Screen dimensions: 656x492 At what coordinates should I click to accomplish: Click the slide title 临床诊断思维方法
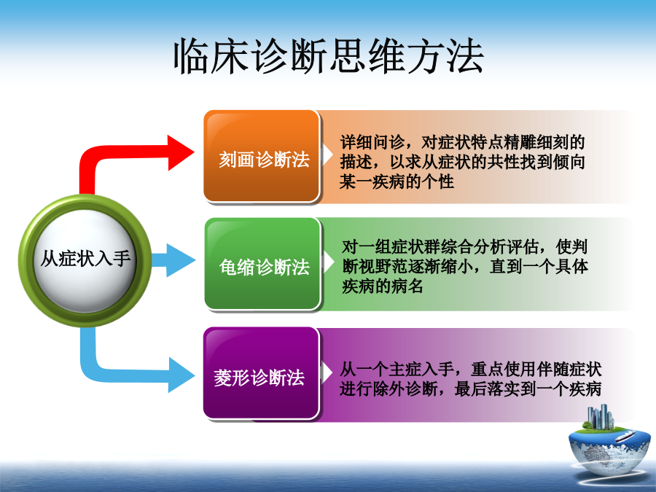[329, 56]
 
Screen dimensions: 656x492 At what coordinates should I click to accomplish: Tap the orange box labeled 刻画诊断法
[262, 157]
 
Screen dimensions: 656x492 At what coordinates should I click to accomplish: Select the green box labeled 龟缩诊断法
[262, 264]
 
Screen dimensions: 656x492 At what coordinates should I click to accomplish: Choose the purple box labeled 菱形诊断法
[262, 373]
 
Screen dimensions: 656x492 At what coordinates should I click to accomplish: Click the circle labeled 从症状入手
[85, 260]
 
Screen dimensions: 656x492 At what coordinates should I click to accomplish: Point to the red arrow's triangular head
[181, 153]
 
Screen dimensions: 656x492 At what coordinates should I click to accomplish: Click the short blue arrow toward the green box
[173, 260]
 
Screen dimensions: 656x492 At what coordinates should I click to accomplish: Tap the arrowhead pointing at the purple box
[181, 375]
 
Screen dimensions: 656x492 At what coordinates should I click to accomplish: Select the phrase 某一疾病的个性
[397, 181]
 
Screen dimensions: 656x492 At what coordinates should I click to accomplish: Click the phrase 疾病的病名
[383, 286]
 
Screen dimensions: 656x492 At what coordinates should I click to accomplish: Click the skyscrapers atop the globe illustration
[601, 417]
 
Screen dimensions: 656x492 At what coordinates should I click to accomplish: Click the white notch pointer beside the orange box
[327, 155]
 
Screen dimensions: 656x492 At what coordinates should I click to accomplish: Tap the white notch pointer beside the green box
[328, 262]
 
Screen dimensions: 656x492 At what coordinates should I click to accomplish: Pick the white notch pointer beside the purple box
[327, 372]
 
